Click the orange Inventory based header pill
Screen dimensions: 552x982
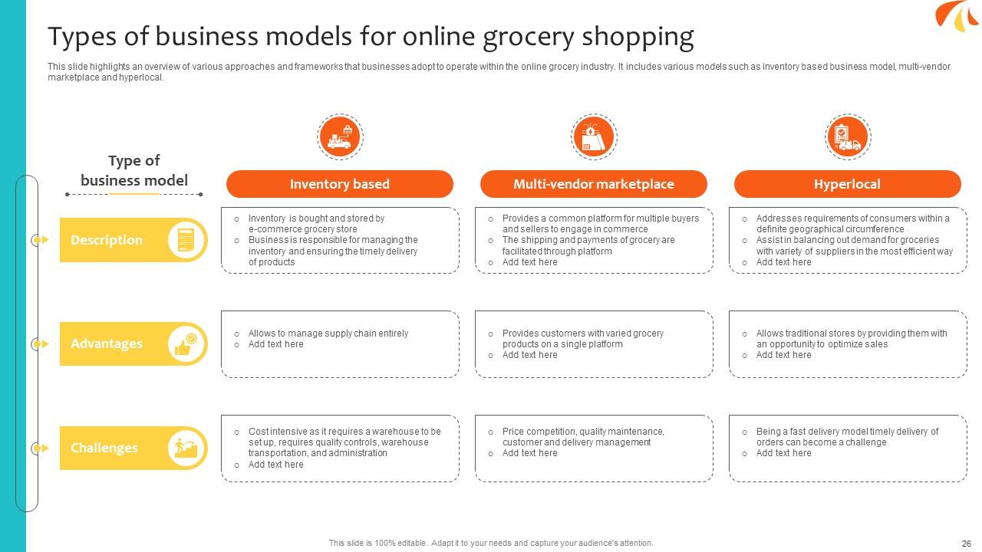pyautogui.click(x=339, y=184)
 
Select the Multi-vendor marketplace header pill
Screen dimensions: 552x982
pyautogui.click(x=593, y=184)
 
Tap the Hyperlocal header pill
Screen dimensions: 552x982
pyautogui.click(x=847, y=184)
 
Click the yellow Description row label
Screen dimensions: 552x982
pyautogui.click(x=107, y=240)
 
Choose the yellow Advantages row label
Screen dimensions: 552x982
pyautogui.click(x=107, y=343)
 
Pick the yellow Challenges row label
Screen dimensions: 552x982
pyautogui.click(x=104, y=448)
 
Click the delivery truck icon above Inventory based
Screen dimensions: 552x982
pyautogui.click(x=340, y=137)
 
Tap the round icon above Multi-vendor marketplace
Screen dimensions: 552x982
pyautogui.click(x=594, y=137)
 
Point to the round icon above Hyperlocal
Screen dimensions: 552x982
pyautogui.click(x=847, y=137)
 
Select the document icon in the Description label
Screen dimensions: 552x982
pyautogui.click(x=187, y=240)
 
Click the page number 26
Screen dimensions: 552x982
pyautogui.click(x=966, y=543)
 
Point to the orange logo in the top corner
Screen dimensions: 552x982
pyautogui.click(x=957, y=15)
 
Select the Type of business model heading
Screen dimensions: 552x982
pyautogui.click(x=134, y=170)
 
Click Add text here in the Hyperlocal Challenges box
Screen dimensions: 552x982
pyautogui.click(x=783, y=453)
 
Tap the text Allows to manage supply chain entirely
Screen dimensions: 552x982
pyautogui.click(x=328, y=333)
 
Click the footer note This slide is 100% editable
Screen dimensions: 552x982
pyautogui.click(x=491, y=543)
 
